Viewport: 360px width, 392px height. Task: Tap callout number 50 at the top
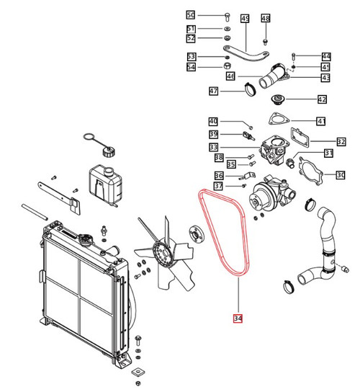[x=190, y=15]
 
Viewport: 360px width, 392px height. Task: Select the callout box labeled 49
[x=244, y=18]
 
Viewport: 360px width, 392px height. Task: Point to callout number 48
[x=266, y=18]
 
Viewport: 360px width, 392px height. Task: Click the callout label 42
[x=322, y=99]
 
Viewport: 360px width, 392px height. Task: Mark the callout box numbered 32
[x=341, y=142]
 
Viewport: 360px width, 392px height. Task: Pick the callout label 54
[x=191, y=68]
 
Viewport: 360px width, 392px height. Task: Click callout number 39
[x=213, y=134]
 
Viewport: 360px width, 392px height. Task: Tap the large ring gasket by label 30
[x=310, y=172]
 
